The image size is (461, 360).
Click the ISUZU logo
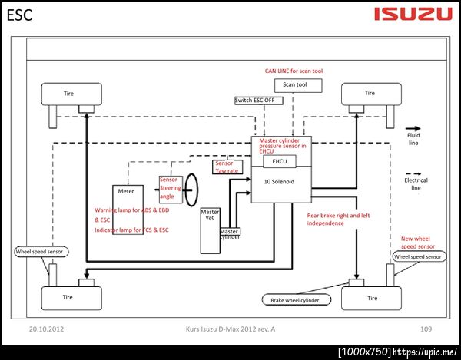[413, 13]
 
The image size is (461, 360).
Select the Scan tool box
[295, 84]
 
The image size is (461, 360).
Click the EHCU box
[274, 163]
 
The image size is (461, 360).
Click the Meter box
[124, 190]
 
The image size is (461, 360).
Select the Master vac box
[210, 216]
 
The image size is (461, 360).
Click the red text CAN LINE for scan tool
[294, 71]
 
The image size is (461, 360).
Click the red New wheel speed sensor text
[418, 243]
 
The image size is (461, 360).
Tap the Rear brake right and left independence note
[338, 220]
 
